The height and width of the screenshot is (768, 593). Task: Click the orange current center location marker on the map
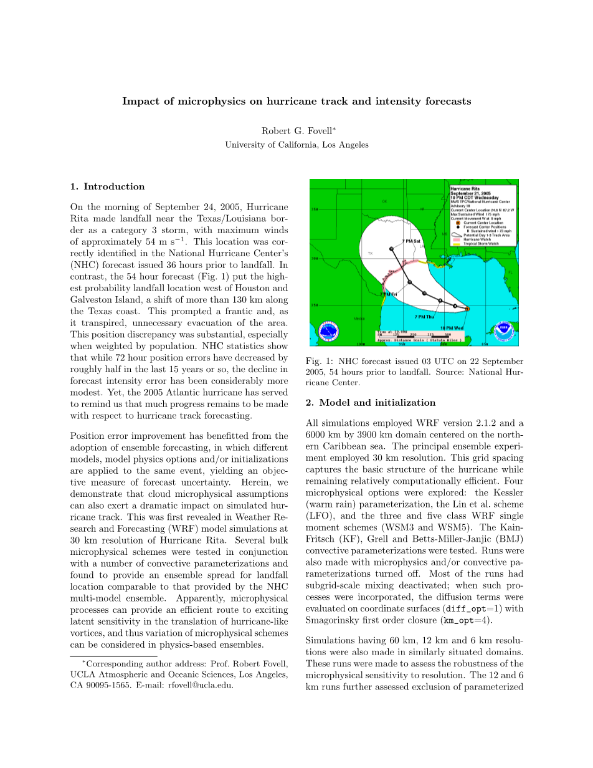click(x=467, y=308)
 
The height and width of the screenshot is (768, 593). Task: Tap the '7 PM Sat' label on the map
click(x=412, y=241)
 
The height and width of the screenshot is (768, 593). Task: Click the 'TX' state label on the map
click(x=370, y=254)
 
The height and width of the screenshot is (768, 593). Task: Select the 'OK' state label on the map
click(x=384, y=201)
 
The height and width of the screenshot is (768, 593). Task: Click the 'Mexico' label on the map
click(x=359, y=319)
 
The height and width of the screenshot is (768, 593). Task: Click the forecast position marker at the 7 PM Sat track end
click(x=391, y=249)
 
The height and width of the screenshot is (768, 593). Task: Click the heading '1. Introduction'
click(x=107, y=186)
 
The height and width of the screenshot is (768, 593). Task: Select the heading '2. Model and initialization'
click(x=371, y=402)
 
